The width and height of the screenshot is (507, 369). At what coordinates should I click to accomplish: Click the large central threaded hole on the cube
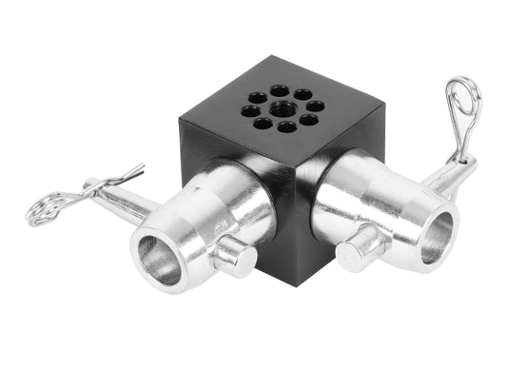click(282, 108)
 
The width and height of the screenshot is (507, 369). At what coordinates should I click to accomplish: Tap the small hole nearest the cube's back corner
click(280, 90)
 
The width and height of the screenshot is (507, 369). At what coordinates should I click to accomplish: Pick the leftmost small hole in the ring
click(249, 111)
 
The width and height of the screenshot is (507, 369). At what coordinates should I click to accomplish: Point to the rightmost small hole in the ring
click(315, 106)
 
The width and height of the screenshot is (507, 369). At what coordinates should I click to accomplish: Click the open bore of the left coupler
click(156, 259)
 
